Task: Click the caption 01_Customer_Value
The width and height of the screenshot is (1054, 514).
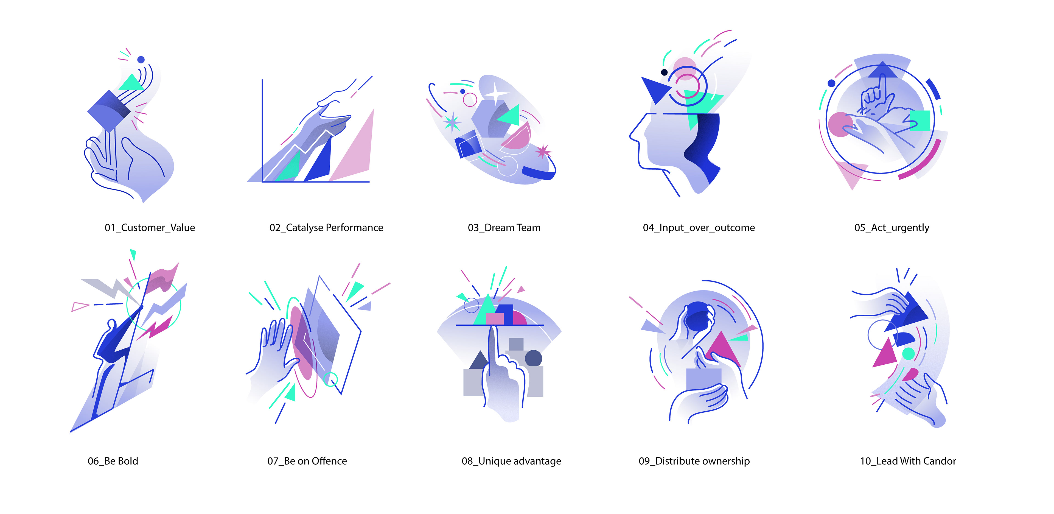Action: pyautogui.click(x=150, y=228)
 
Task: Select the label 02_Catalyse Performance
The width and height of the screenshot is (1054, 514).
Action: pyautogui.click(x=326, y=228)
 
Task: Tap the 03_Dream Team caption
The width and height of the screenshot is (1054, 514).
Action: pyautogui.click(x=504, y=228)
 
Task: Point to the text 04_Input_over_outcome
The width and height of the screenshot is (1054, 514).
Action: pyautogui.click(x=699, y=228)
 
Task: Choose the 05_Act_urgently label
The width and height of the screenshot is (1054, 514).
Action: pyautogui.click(x=892, y=228)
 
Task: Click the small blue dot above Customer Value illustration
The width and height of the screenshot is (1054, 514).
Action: pyautogui.click(x=141, y=60)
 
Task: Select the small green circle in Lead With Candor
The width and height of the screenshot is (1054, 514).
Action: pyautogui.click(x=908, y=353)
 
